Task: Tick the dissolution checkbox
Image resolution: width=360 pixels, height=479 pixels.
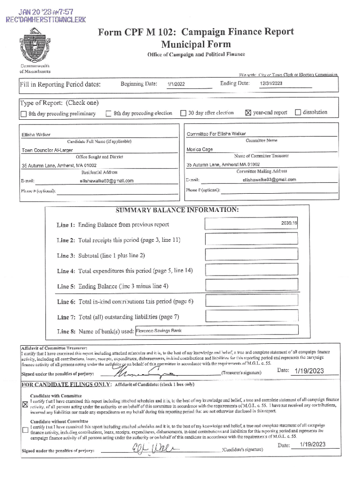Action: click(298, 112)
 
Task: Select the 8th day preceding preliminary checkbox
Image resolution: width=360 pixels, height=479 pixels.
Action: click(23, 114)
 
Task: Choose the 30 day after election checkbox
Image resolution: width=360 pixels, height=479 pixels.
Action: click(183, 113)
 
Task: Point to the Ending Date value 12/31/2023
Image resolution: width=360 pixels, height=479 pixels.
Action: click(271, 83)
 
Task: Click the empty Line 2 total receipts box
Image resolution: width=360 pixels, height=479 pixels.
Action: click(251, 239)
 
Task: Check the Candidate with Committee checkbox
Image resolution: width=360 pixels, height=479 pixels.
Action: click(25, 405)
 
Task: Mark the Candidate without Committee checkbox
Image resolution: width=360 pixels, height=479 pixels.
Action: click(25, 430)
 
